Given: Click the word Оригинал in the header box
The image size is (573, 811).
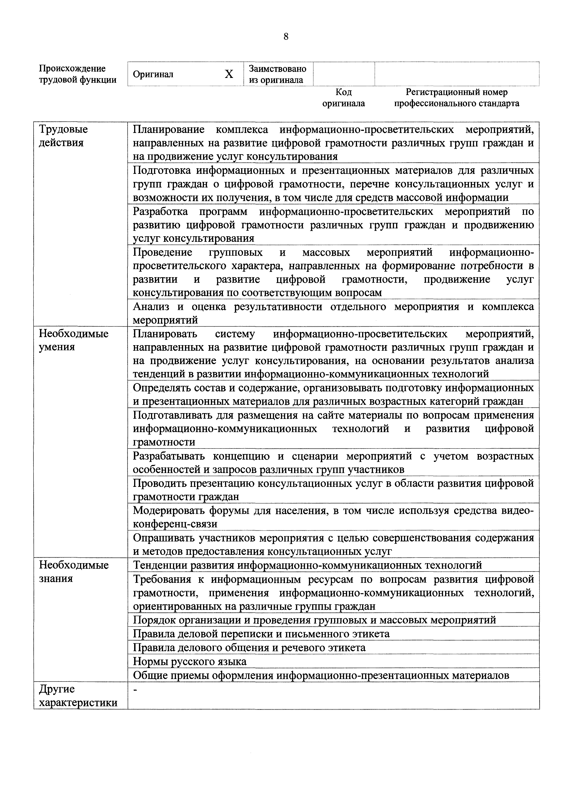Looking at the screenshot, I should [x=153, y=74].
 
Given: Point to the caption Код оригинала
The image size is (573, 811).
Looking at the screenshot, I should [x=343, y=98].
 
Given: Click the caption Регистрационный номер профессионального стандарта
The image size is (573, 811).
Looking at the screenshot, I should [x=456, y=98].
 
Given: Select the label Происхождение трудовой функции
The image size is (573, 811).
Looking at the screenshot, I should [x=77, y=74].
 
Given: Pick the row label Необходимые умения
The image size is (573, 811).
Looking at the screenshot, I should [x=74, y=340].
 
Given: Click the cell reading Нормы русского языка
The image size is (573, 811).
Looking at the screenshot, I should [x=190, y=661].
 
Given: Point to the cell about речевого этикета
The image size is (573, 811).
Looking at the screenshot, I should [x=249, y=648].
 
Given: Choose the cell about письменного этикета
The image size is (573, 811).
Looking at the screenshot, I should [x=261, y=634].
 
